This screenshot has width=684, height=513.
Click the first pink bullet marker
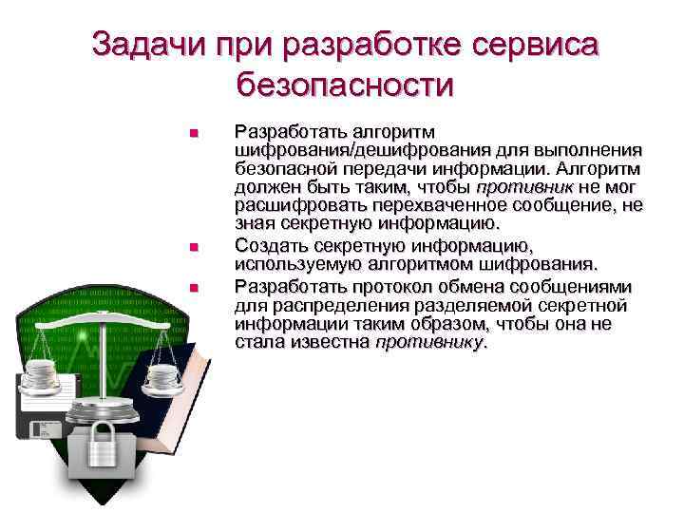[x=193, y=133]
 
